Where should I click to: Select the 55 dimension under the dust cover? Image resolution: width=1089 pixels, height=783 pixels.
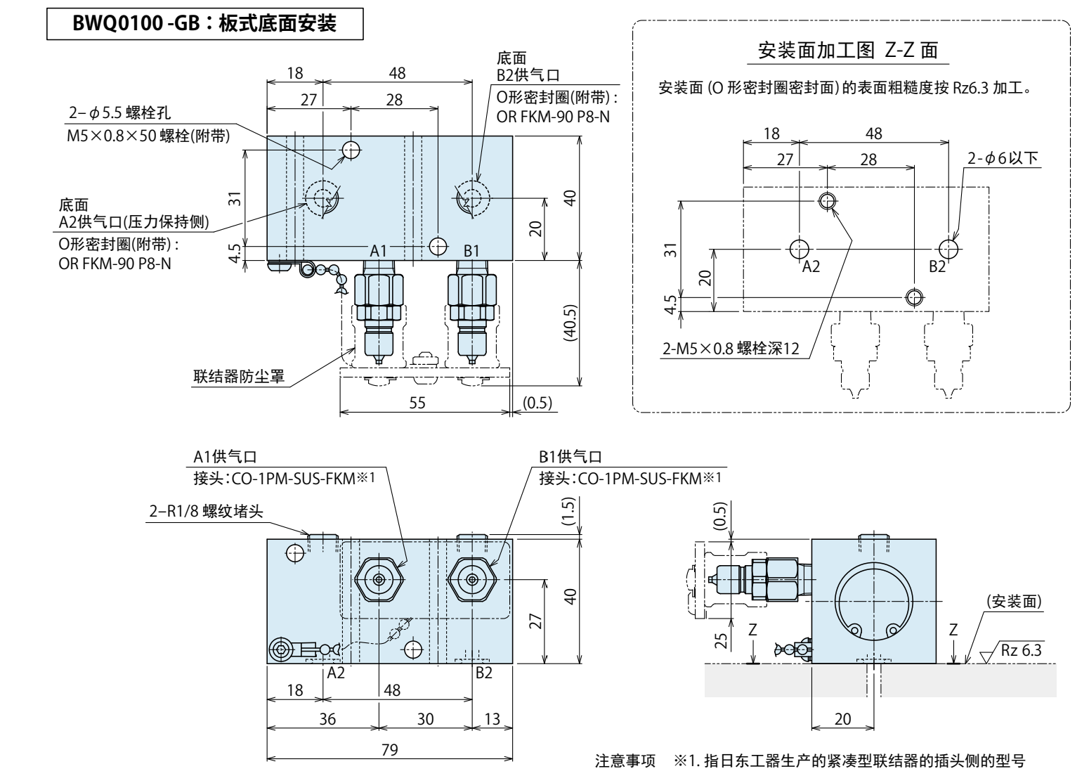pyautogui.click(x=417, y=403)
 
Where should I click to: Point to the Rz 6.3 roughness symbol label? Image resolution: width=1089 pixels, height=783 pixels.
pyautogui.click(x=1022, y=651)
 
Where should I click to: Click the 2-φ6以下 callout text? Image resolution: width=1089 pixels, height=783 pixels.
pyautogui.click(x=1003, y=159)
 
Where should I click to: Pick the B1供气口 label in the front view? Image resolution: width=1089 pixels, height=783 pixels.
pyautogui.click(x=570, y=457)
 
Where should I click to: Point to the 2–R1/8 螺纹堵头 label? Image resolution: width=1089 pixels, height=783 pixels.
pyautogui.click(x=206, y=511)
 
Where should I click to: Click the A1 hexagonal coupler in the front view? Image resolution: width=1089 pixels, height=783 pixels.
pyautogui.click(x=379, y=580)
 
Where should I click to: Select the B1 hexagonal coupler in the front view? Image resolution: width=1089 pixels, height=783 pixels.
pyautogui.click(x=471, y=580)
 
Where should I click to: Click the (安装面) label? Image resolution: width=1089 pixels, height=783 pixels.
pyautogui.click(x=1013, y=602)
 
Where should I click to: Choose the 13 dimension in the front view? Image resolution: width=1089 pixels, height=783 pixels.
pyautogui.click(x=493, y=718)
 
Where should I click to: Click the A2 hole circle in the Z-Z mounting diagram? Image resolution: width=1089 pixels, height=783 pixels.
pyautogui.click(x=798, y=249)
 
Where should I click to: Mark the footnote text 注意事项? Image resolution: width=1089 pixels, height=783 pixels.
pyautogui.click(x=625, y=762)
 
